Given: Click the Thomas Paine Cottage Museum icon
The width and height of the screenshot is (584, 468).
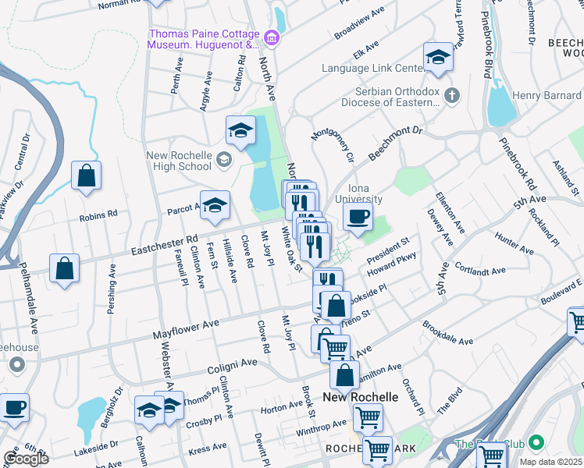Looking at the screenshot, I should point(272,37).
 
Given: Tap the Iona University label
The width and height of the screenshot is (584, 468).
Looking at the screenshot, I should point(358,193).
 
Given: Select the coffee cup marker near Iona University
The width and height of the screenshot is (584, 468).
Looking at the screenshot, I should point(358,217).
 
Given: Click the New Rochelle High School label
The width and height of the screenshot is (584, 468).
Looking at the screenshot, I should point(179,161).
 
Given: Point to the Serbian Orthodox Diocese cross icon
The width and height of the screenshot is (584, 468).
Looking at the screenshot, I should point(450,96).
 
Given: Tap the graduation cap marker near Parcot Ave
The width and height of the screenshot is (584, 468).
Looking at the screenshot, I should point(215,204).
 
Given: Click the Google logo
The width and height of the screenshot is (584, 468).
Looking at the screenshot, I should point(26,459).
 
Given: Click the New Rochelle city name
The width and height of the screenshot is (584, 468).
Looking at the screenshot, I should point(360,397).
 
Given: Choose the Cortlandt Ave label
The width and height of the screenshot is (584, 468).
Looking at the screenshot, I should point(482,274).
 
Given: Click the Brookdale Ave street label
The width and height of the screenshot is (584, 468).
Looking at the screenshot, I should point(448,334).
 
